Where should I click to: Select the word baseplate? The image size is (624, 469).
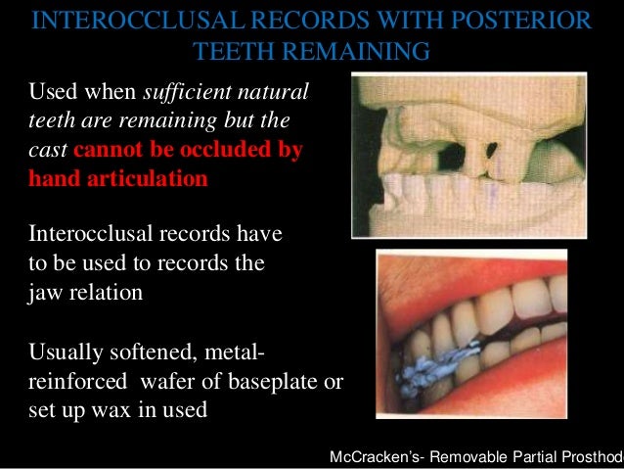(290, 382)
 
